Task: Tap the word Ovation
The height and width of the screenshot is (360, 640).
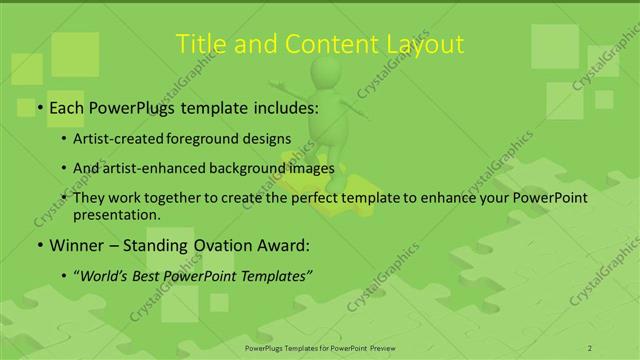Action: point(211,245)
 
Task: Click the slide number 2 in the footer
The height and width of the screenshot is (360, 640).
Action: point(591,347)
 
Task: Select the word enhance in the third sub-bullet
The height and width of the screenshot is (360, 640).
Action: point(479,198)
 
